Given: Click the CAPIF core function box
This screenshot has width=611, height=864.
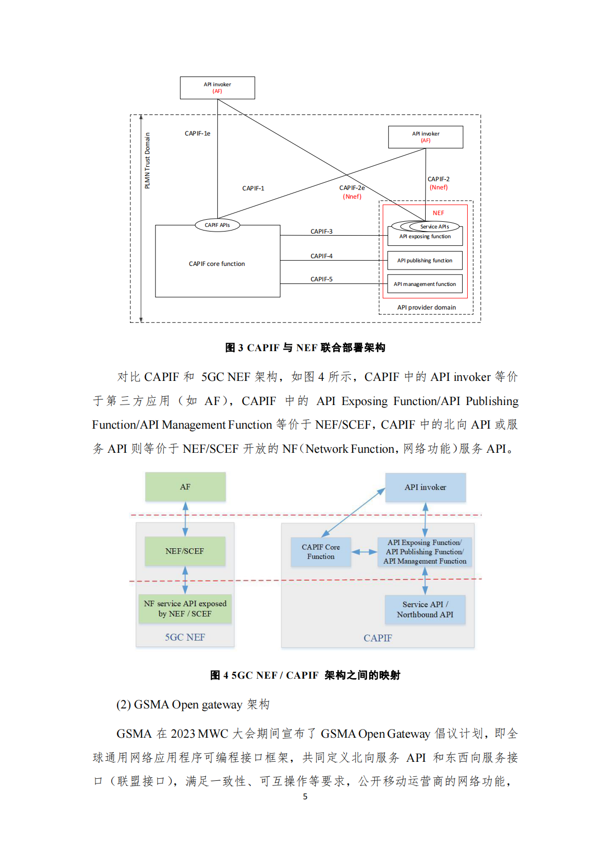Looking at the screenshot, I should [x=217, y=263].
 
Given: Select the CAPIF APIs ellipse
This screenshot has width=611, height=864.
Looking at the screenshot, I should [x=217, y=225].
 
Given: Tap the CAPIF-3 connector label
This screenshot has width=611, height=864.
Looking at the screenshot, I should [x=321, y=232].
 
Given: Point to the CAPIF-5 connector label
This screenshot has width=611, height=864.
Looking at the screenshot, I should [x=321, y=279].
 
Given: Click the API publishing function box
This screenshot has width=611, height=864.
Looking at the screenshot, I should [x=425, y=260].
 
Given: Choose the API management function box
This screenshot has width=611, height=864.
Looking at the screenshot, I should [x=425, y=284].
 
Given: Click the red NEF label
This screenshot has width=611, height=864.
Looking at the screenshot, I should [x=438, y=213].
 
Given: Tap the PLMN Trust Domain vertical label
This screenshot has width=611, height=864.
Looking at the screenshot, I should [x=148, y=161].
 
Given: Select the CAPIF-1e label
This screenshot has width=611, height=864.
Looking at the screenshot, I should [x=198, y=133].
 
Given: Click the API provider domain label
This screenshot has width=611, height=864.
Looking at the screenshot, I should [x=426, y=308].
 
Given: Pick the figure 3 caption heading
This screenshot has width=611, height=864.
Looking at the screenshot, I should [x=305, y=348].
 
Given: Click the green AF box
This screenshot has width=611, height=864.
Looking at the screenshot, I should [x=185, y=487].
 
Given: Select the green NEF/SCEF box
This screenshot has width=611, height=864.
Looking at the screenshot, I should [x=185, y=551].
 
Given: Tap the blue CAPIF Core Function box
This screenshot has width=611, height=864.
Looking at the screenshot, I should [x=321, y=552].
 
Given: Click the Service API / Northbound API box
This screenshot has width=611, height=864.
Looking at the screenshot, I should [x=425, y=609].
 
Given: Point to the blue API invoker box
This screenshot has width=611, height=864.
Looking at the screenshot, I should [x=425, y=487].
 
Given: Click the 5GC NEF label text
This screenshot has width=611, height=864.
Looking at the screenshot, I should [x=185, y=637].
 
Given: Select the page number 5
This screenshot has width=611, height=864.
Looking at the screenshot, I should [x=305, y=796].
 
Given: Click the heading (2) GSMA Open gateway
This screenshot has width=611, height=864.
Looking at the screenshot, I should [x=193, y=704].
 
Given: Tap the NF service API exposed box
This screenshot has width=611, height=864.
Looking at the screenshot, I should [x=185, y=608].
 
